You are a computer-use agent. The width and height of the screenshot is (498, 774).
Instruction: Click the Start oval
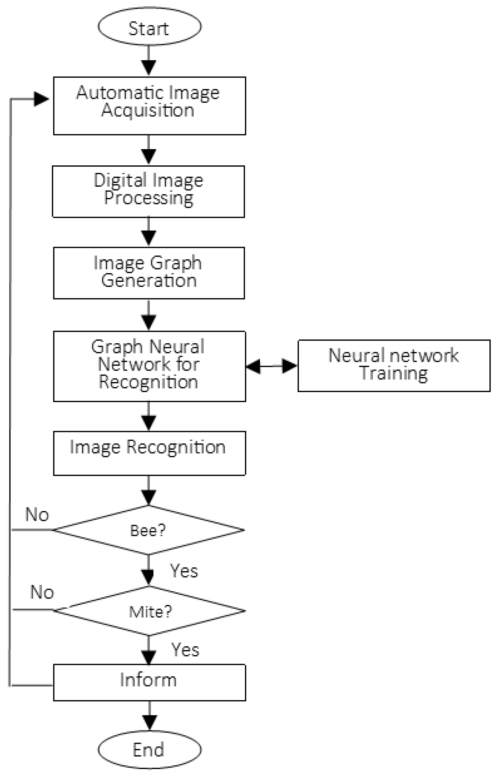click(x=149, y=26)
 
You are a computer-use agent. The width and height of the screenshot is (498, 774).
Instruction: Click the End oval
click(x=149, y=750)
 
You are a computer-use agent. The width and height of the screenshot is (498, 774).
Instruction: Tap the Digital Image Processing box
click(x=149, y=192)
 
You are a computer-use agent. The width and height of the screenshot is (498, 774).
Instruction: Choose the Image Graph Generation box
click(x=149, y=273)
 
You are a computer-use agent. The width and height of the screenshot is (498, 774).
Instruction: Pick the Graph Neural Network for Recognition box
click(x=149, y=366)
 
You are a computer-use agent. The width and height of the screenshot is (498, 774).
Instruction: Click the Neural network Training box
click(x=394, y=366)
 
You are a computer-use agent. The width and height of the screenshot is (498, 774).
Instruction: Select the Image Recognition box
click(x=149, y=453)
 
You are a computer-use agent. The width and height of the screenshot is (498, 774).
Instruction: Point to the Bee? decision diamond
click(x=149, y=530)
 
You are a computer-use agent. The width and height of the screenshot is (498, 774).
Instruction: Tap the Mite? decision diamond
click(x=149, y=611)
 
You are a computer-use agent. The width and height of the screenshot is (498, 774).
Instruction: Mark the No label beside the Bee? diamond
click(x=37, y=514)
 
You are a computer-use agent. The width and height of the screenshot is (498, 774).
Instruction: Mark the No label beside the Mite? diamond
click(x=42, y=592)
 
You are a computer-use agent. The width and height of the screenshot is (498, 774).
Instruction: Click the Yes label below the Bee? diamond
click(x=184, y=570)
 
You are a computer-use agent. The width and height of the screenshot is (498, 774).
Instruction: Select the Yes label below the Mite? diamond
click(x=185, y=649)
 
